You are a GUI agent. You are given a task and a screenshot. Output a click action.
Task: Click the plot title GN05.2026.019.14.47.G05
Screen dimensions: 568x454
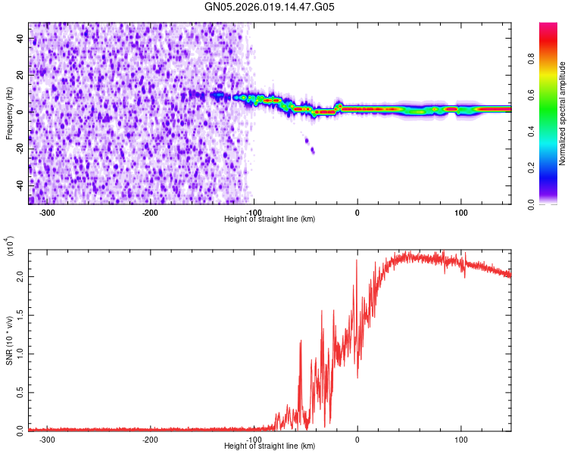coord(269,7)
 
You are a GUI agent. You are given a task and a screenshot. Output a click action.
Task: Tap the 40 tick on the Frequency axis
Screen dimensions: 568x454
coord(20,38)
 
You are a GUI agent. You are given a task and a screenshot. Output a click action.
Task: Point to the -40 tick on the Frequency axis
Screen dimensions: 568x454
coord(20,185)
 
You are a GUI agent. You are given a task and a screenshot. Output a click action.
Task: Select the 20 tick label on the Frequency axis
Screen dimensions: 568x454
coord(20,75)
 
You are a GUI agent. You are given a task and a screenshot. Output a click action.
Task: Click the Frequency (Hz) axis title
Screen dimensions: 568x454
coord(9,113)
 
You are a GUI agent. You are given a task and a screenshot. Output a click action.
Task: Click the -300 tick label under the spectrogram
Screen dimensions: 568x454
coord(47,213)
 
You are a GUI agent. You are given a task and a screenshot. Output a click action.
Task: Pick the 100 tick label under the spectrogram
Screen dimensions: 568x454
coord(461,213)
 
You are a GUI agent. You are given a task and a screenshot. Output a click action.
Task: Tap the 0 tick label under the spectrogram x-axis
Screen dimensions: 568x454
coord(357,213)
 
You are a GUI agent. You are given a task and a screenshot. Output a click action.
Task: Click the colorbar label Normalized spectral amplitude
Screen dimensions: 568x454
coord(562,113)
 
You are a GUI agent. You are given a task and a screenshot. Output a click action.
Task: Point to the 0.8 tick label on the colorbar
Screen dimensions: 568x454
coord(531,58)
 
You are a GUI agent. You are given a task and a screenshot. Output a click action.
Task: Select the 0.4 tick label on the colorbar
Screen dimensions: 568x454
coord(531,132)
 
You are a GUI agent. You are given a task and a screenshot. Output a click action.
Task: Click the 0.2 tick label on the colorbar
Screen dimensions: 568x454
coord(531,168)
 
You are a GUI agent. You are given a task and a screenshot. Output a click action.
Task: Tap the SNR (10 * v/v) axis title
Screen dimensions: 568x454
coord(9,340)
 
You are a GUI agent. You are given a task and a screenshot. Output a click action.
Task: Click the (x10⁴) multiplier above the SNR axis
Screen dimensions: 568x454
coord(9,246)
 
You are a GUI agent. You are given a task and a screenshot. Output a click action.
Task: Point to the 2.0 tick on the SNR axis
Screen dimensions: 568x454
coord(20,277)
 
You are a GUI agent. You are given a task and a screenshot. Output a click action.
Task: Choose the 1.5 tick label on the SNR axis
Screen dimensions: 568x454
coord(20,316)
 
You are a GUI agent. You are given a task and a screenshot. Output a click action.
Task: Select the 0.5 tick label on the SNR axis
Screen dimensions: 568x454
coord(20,393)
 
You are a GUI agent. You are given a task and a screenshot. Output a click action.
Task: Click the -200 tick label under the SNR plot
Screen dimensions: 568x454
coord(151,440)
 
